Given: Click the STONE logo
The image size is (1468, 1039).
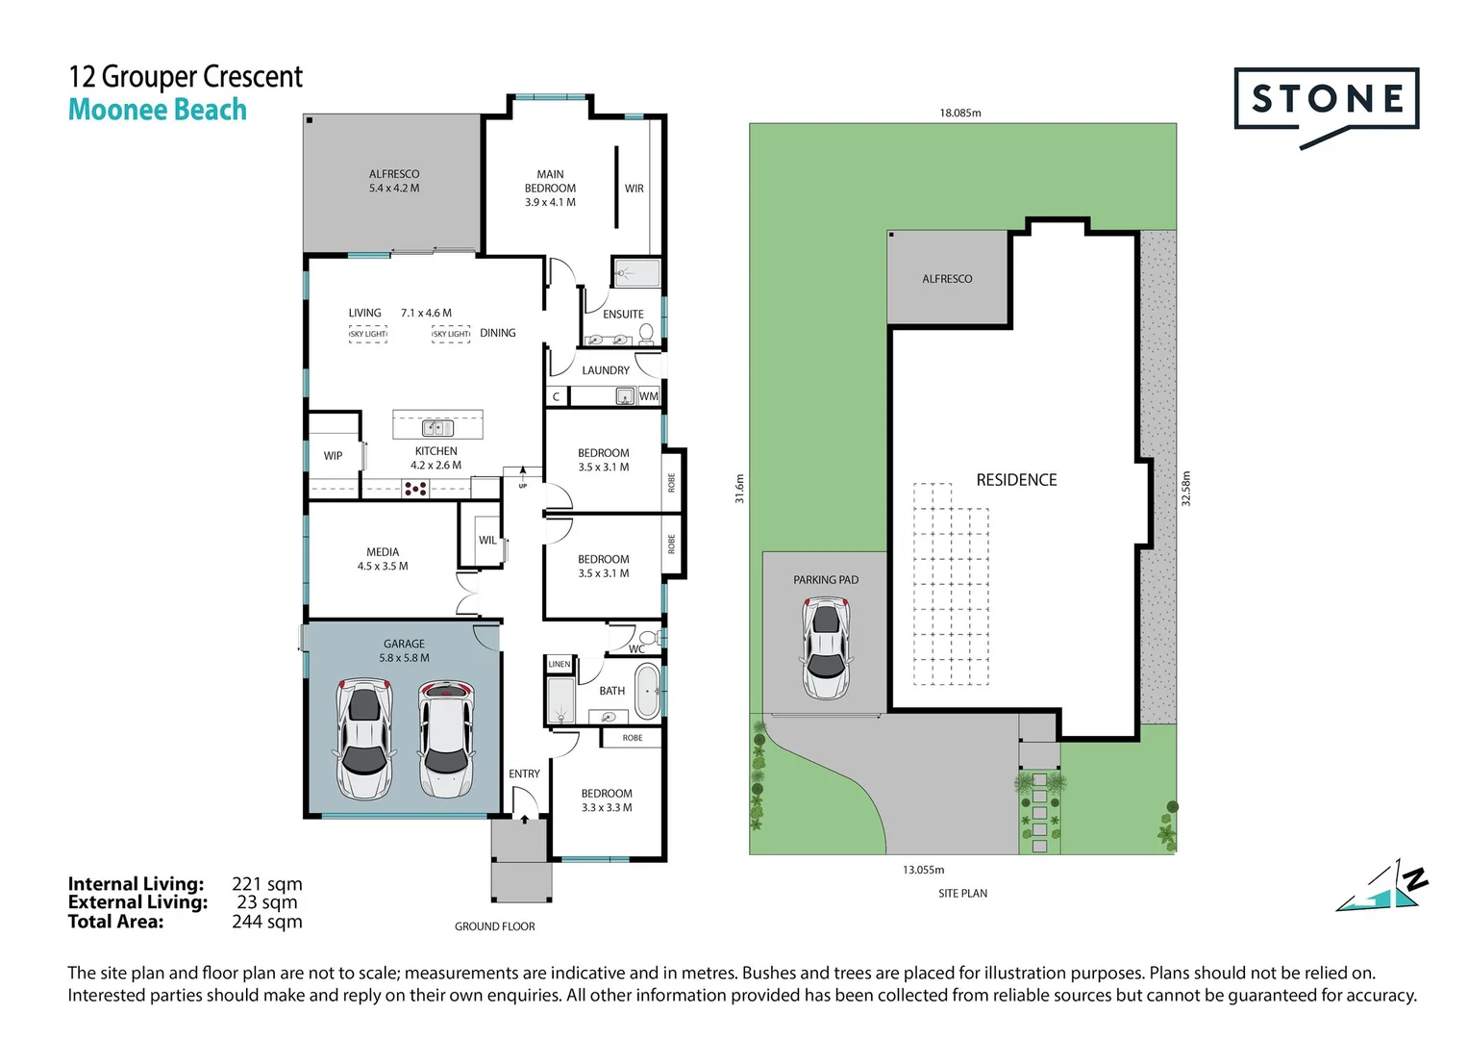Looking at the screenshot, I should (1326, 100).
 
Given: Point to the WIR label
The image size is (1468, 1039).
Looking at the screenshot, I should (634, 189).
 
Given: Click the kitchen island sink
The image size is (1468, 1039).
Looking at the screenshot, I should (437, 428).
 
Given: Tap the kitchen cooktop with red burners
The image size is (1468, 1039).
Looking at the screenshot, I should (415, 490).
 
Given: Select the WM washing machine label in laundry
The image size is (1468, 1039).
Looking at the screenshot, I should (649, 396).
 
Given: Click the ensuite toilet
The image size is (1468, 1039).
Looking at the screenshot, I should (647, 334).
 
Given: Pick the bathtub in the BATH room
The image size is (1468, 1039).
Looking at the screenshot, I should (648, 691).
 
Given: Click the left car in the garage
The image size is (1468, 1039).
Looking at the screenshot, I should (363, 739).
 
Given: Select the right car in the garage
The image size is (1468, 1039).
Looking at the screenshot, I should (445, 739).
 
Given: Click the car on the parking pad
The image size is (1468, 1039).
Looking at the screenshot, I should (826, 647).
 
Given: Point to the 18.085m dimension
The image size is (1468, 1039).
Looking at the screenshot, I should (959, 113).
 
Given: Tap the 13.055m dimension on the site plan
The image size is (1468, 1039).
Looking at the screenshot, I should (923, 870).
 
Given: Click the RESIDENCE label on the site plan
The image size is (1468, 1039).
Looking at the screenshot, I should (1016, 480).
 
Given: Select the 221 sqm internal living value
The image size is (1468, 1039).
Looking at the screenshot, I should (266, 884).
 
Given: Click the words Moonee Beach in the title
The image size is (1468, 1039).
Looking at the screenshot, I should (158, 111).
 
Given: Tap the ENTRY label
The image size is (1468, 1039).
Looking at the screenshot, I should (524, 773).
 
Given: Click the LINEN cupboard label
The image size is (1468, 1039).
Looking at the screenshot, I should (560, 664).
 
